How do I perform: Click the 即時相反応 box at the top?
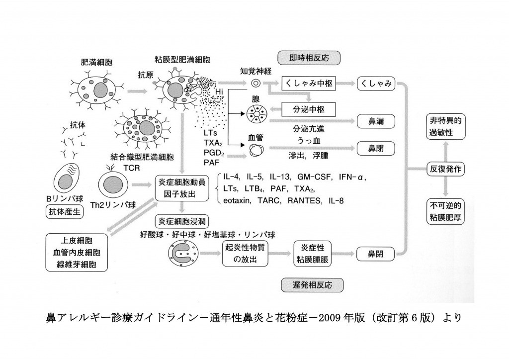point(309,57)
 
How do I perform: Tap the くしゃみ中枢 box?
point(308,85)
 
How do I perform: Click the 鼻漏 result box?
point(375,120)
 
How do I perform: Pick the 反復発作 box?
point(445,169)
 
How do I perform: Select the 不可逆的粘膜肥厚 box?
point(445,211)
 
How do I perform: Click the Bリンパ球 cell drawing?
point(66,178)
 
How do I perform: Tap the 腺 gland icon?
point(256,113)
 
